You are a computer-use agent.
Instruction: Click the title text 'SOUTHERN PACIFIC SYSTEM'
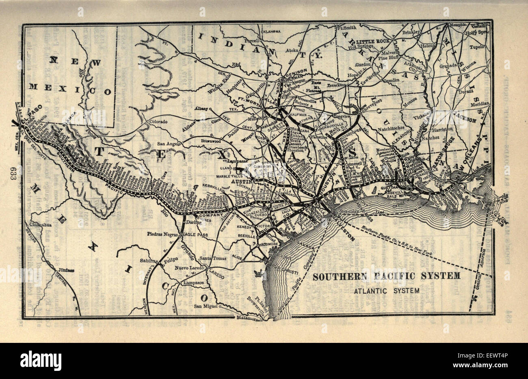point(386,276)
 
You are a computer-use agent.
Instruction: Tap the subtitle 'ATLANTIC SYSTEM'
point(386,291)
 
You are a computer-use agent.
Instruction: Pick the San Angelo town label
point(169,143)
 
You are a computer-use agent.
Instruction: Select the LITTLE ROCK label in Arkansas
point(372,41)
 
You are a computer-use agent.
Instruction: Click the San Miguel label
point(206,306)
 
